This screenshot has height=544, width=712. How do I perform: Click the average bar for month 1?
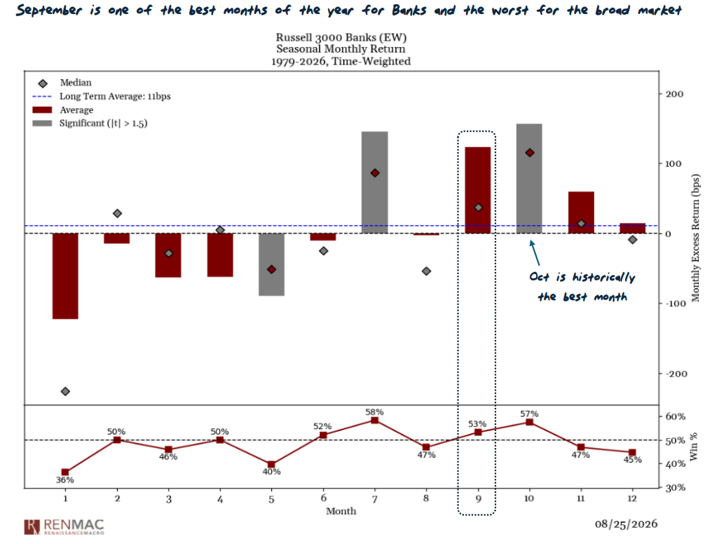point(65,276)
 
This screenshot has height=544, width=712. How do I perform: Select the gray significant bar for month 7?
point(375,182)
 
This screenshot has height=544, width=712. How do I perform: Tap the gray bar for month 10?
point(530,179)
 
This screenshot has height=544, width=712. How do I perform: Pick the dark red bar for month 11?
point(581,212)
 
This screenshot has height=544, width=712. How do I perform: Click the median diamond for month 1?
point(65,391)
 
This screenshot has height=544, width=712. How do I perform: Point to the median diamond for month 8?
point(426,271)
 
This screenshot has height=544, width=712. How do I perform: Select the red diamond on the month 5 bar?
point(271,269)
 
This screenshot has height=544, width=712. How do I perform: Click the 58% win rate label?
point(375,412)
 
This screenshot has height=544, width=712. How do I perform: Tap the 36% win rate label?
point(65,480)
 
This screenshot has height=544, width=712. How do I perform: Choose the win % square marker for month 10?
point(530,422)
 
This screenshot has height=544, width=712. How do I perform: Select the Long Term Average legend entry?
point(102,96)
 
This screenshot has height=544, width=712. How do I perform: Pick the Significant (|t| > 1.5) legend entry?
point(90,123)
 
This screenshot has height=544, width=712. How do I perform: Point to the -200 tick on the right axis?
point(676,374)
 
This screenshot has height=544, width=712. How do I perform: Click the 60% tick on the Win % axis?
point(676,416)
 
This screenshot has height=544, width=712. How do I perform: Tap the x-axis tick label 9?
point(478,498)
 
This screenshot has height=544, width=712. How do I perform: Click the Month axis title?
point(341,511)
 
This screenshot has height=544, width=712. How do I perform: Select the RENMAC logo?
point(64,526)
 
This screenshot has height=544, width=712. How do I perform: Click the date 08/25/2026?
point(627,524)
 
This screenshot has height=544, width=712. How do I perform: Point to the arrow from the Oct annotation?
point(535,253)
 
